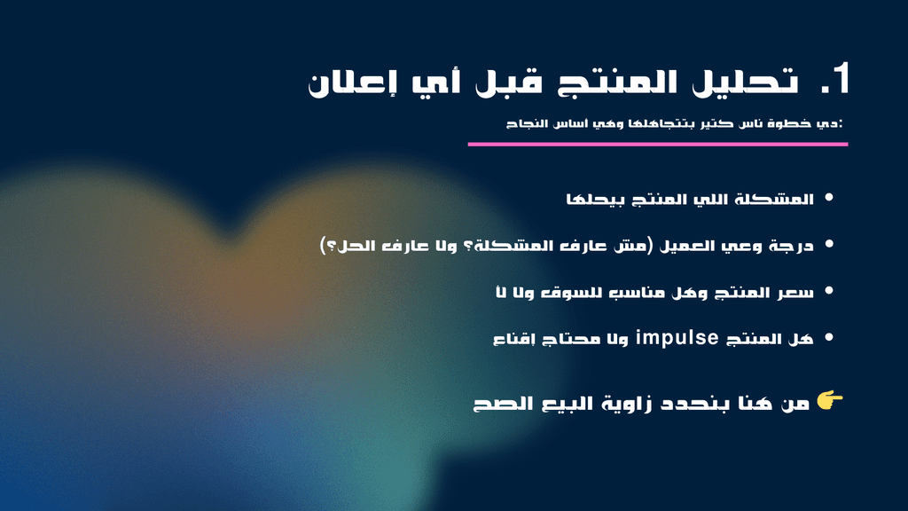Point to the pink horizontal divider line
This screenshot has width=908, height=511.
point(658,145)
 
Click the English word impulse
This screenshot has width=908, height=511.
point(677,337)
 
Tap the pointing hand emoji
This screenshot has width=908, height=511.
point(830,400)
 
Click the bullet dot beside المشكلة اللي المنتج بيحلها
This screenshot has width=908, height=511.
point(829,198)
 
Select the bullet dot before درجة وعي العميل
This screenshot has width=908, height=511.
point(829,244)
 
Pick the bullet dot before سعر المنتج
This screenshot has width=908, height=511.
point(829,290)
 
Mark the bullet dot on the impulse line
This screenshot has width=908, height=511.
point(829,336)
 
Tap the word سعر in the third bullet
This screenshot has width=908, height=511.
point(797,293)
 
